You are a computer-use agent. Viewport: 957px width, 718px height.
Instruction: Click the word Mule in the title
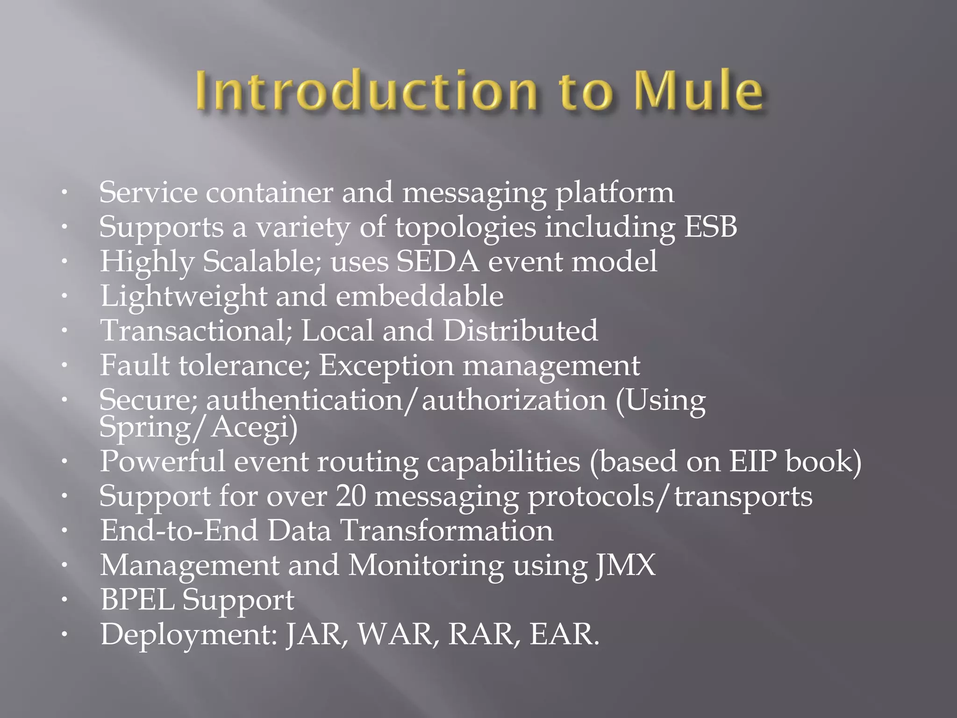point(699,90)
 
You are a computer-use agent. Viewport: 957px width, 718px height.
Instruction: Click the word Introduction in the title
point(366,90)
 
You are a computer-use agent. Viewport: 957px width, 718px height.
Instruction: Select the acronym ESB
point(710,227)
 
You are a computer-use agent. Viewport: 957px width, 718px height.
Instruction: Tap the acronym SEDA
point(438,262)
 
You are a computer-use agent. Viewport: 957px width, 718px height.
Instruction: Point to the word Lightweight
point(184,296)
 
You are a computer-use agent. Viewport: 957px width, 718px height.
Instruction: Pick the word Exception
point(386,366)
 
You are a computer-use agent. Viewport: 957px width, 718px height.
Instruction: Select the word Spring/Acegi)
point(198,427)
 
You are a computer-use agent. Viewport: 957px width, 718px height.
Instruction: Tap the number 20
point(351,496)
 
